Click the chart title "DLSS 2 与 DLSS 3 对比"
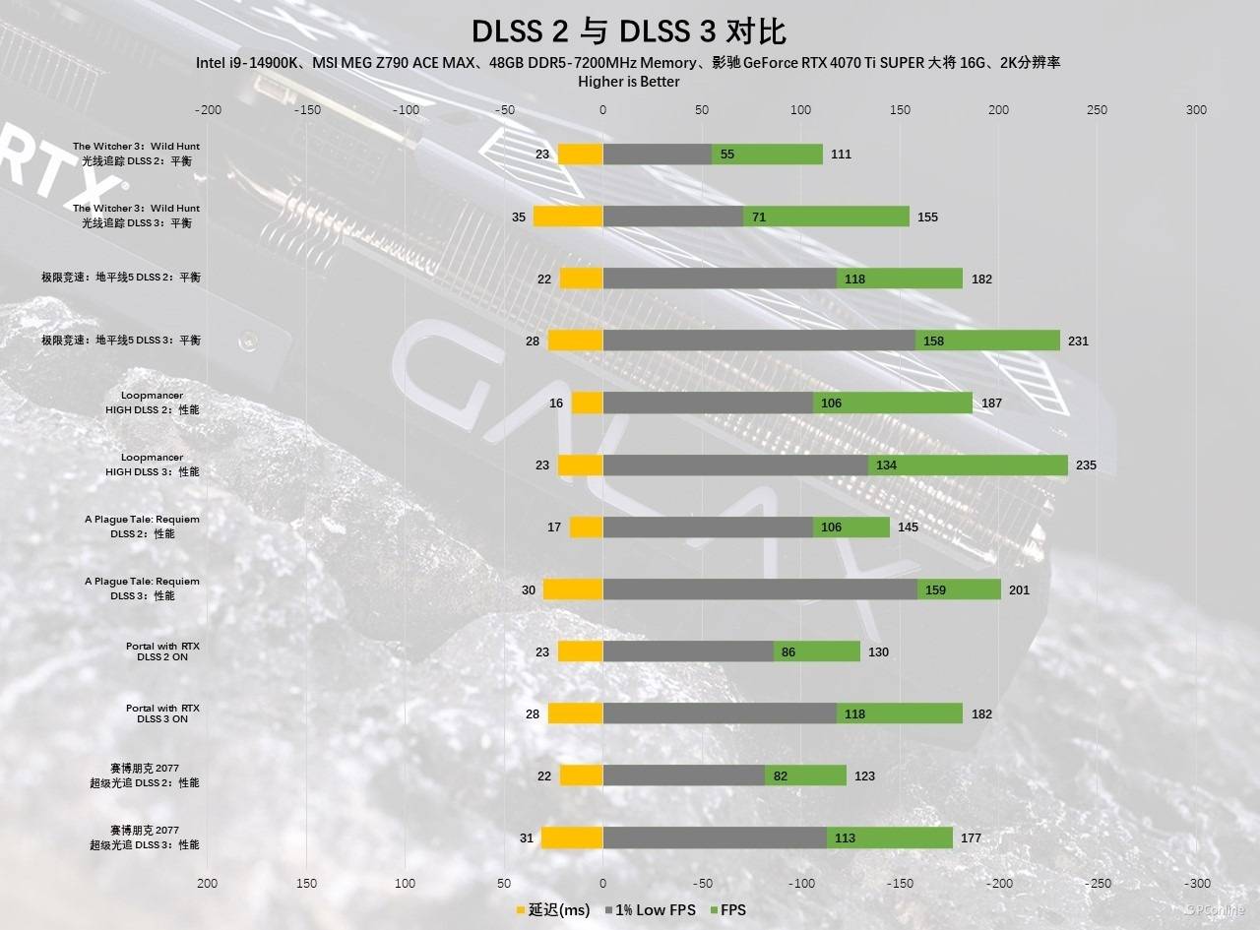pos(629,31)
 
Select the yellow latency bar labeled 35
pos(568,217)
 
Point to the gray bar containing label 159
pos(760,589)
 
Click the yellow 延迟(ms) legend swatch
pos(521,910)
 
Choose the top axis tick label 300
pos(1196,110)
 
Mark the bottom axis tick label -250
pos(1098,884)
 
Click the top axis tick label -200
pos(208,110)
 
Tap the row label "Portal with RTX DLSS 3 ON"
pos(162,713)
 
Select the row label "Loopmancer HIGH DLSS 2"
pos(153,403)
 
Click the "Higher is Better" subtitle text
pos(629,82)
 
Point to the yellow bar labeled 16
pos(587,403)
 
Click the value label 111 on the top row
pos(841,155)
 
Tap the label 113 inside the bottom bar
pos(845,838)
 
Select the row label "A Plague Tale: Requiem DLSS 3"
pos(142,589)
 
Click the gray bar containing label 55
pos(657,155)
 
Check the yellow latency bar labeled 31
pos(572,838)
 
